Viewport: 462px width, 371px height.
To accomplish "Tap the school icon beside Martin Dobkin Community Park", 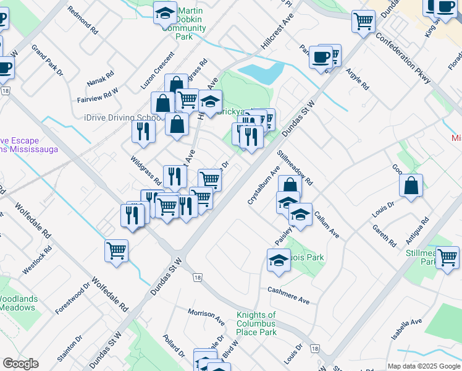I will pos(165,13).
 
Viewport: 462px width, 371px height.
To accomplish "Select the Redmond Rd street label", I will pos(83,20).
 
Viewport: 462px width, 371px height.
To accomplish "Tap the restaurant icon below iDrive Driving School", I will pos(142,131).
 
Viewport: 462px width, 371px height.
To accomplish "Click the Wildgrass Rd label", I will pos(146,171).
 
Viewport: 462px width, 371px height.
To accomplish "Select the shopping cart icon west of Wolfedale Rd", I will pos(116,251).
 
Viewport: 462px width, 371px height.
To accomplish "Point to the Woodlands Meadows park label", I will pos(19,303).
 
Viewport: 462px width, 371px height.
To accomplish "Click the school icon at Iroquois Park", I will pos(279,260).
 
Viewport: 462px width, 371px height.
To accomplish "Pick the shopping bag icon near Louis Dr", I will pos(411,185).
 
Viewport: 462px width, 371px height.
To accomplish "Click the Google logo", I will pos(20,364).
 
